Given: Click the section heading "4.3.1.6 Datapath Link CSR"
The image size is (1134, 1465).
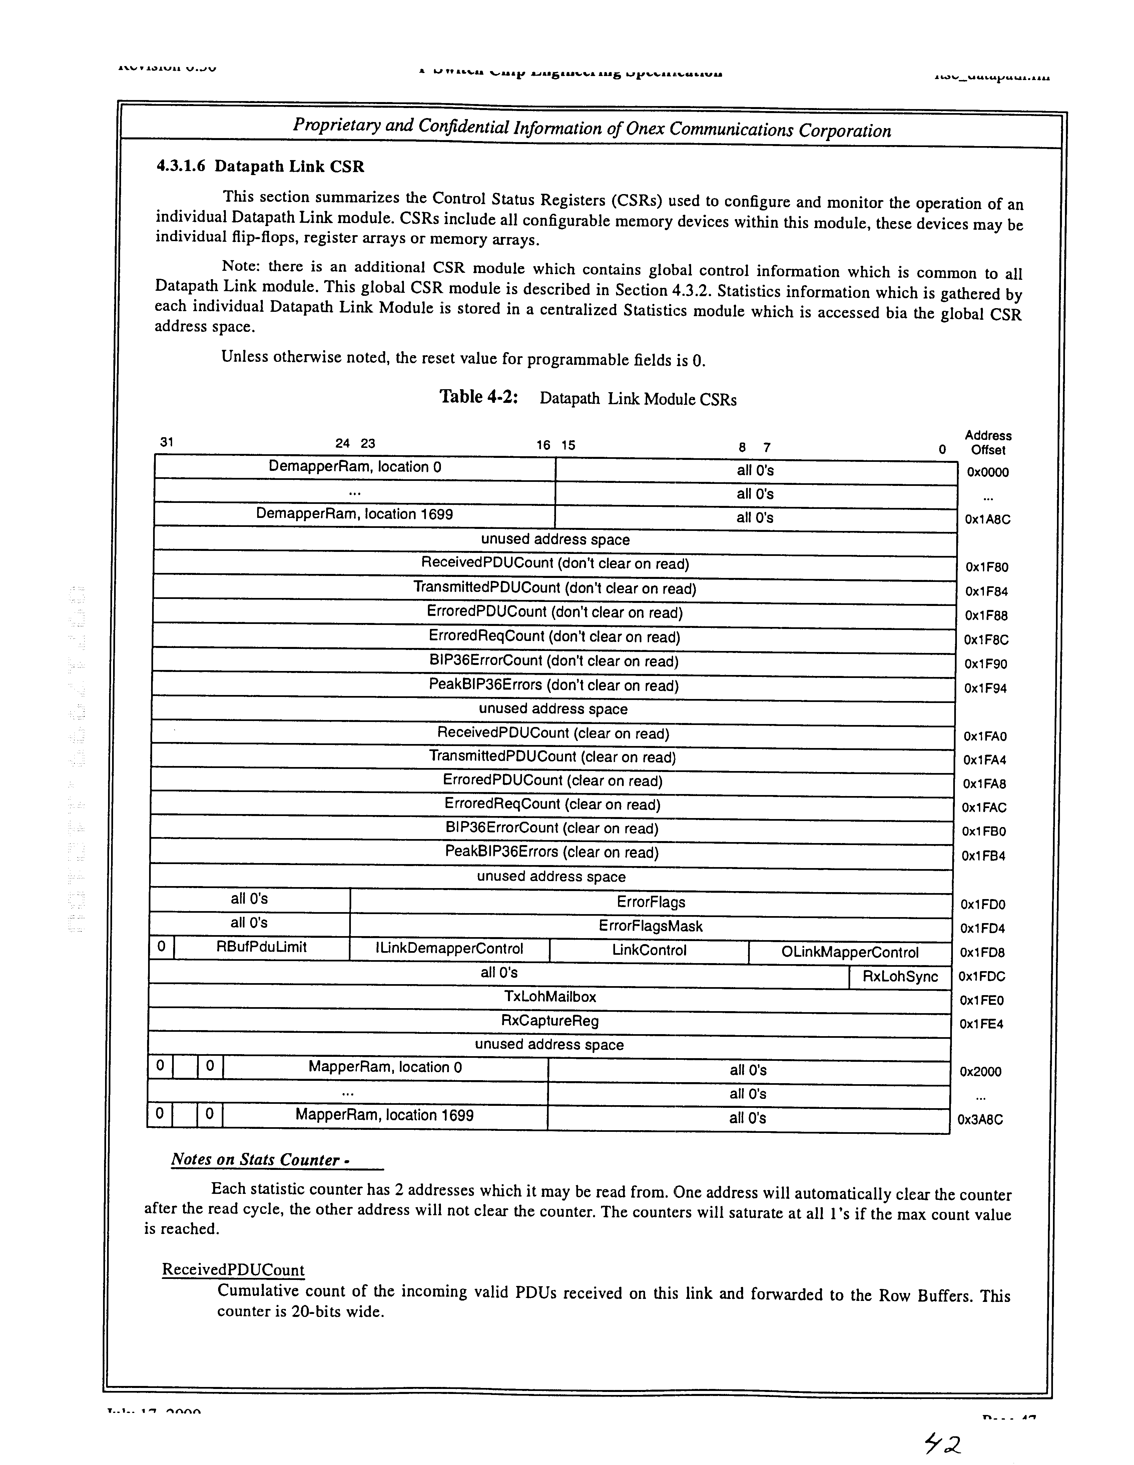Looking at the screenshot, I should tap(260, 166).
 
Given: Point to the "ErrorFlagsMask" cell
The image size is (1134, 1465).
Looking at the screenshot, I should tap(650, 926).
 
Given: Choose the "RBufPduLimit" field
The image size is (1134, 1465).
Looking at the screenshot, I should tap(262, 947).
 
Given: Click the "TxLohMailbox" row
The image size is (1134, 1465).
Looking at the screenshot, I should tap(550, 997).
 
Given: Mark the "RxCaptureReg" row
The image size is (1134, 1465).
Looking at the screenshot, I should tap(550, 1021).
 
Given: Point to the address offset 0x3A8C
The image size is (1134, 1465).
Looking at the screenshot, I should tap(980, 1120).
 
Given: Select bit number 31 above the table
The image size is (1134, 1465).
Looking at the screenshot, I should tap(166, 442).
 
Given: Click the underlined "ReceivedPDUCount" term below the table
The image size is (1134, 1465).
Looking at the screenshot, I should tap(233, 1270).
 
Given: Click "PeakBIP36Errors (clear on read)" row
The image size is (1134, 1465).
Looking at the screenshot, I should tap(552, 853).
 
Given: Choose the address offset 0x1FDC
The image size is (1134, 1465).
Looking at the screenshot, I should tap(982, 977).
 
